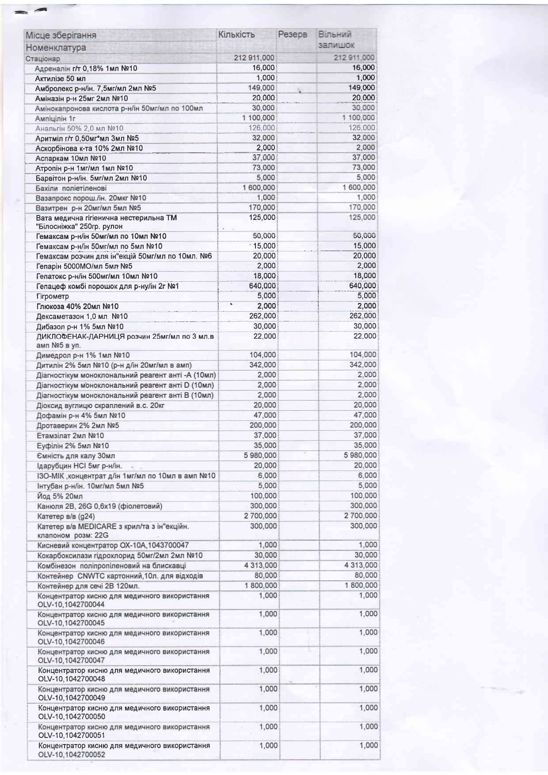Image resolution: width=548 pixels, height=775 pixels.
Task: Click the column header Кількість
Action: [236, 35]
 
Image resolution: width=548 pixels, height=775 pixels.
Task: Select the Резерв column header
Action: [292, 35]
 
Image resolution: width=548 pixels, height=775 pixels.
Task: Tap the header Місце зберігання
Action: [61, 35]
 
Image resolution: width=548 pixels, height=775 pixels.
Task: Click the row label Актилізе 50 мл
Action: [61, 78]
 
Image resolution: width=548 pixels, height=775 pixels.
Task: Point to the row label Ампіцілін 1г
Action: [55, 118]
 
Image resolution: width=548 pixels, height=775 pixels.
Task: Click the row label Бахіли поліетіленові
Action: [71, 188]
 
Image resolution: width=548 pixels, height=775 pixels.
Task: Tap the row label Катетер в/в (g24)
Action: [66, 516]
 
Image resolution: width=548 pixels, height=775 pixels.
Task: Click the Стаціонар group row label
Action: [42, 59]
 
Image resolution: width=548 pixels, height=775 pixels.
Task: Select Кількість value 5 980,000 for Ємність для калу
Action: [260, 455]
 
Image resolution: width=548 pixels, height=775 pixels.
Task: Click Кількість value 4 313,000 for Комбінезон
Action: [260, 565]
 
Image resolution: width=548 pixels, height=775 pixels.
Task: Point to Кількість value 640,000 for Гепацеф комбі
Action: [263, 286]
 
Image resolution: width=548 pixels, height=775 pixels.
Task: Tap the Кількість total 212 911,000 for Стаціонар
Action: [254, 58]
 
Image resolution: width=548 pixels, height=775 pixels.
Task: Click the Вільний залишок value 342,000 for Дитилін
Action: [363, 365]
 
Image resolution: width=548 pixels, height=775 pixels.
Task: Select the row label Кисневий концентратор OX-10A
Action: [113, 545]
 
